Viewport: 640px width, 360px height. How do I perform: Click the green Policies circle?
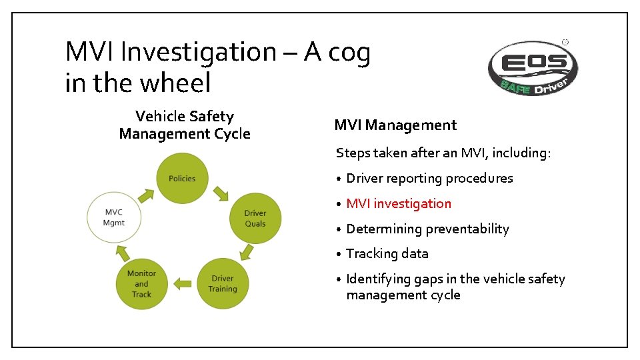(182, 178)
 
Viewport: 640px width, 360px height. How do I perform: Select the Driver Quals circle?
(255, 218)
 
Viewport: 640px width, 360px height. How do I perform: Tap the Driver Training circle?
(223, 283)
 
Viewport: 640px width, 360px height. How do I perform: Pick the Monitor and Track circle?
(141, 283)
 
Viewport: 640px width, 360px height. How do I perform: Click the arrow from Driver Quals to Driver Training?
(246, 252)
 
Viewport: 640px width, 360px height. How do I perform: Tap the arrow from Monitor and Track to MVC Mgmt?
(122, 252)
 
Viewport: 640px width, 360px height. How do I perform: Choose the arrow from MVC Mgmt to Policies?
(145, 194)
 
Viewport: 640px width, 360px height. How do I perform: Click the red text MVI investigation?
(399, 203)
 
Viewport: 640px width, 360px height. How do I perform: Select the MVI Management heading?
(395, 125)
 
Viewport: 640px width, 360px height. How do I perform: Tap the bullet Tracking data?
(387, 253)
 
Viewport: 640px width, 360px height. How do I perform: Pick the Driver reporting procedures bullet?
(429, 178)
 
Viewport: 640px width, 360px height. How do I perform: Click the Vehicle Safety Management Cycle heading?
(185, 125)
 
